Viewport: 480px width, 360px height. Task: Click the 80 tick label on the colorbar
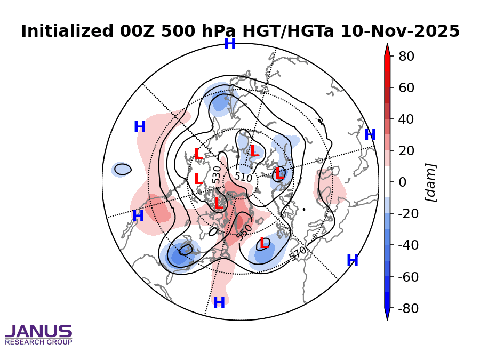(x=407, y=56)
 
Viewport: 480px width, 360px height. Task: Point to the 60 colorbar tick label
(x=407, y=87)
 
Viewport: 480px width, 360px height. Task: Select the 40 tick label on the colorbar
(x=407, y=119)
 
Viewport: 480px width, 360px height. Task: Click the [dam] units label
(x=430, y=182)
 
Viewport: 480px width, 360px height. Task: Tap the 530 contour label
(x=216, y=175)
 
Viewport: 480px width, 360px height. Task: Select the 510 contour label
(x=243, y=177)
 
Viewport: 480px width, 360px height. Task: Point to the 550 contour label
(x=244, y=231)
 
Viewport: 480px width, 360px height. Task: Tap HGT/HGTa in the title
(x=288, y=31)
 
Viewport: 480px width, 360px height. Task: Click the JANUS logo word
(x=38, y=332)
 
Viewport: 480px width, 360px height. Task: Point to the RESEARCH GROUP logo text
(x=38, y=342)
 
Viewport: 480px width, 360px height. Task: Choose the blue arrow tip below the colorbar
(x=387, y=316)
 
